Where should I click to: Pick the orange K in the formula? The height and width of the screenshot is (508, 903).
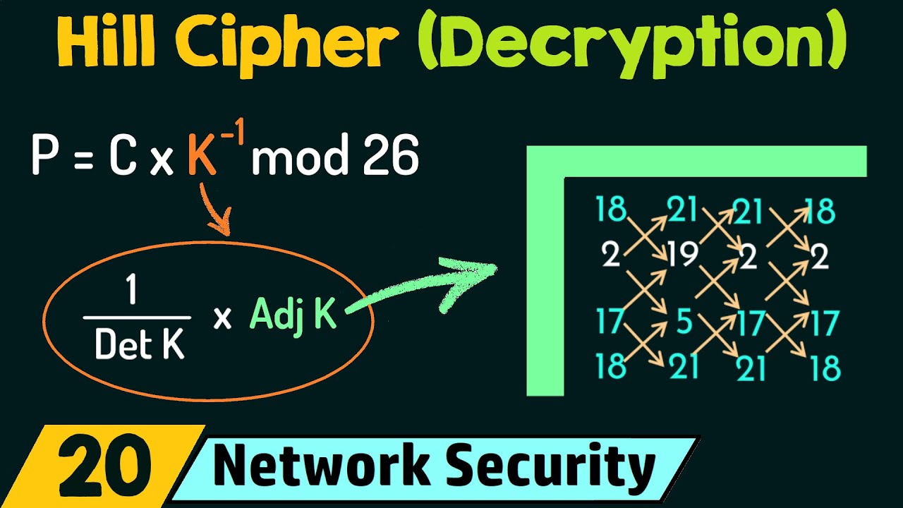pyautogui.click(x=202, y=158)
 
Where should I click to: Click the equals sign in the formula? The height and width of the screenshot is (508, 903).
pyautogui.click(x=82, y=158)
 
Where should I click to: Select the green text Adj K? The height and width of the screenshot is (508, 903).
pyautogui.click(x=293, y=315)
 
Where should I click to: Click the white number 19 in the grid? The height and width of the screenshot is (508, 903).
pyautogui.click(x=682, y=255)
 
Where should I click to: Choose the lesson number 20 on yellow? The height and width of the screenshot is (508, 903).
pyautogui.click(x=99, y=466)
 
